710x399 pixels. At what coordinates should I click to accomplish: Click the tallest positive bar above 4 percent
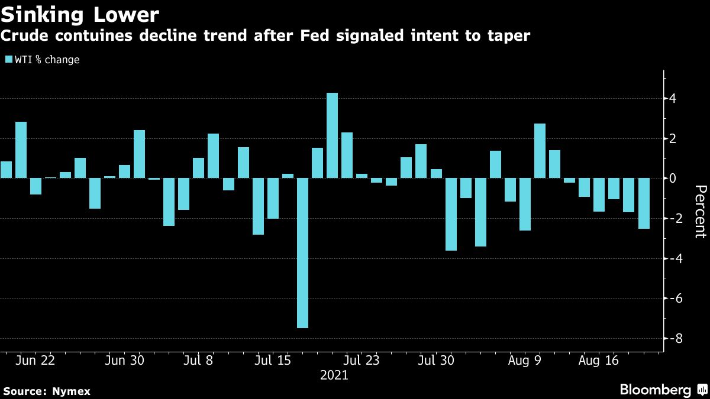(332, 135)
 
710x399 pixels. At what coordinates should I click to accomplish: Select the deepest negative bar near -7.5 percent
(302, 252)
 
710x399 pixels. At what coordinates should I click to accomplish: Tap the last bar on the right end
(643, 203)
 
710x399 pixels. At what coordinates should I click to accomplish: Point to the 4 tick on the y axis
(673, 99)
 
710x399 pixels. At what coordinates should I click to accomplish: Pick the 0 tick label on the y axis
(673, 178)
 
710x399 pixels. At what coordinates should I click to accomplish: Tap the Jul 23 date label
(362, 361)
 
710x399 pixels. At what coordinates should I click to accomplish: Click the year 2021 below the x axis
(334, 375)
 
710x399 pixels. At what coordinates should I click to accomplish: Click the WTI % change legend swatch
(8, 60)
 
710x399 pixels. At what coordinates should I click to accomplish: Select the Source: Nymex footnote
(47, 391)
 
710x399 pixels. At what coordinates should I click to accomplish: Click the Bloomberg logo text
(655, 390)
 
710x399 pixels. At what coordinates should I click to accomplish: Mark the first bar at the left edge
(6, 170)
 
